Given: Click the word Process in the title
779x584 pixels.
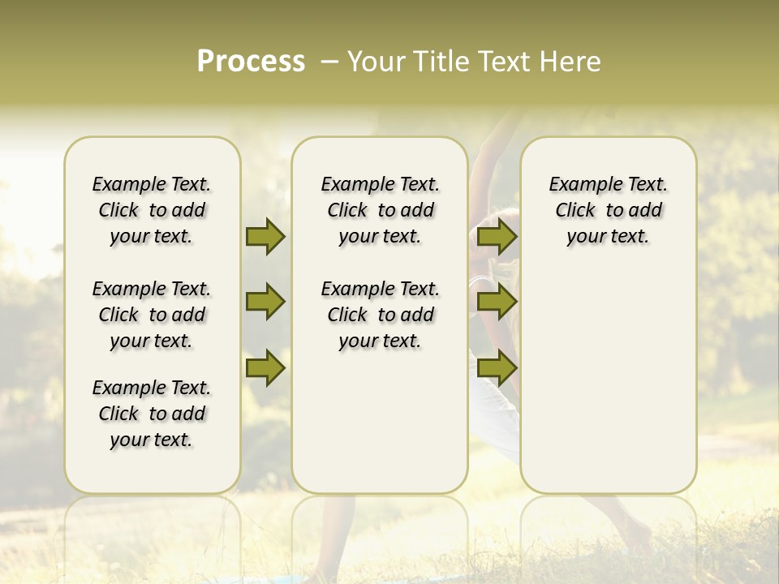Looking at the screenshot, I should tap(251, 62).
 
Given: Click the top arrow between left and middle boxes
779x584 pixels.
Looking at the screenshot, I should tap(265, 237).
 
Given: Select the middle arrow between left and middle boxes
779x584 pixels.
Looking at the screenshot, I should tap(265, 303).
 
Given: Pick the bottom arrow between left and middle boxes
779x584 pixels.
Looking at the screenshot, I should tap(265, 367).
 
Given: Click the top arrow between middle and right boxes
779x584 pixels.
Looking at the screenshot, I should tap(497, 237).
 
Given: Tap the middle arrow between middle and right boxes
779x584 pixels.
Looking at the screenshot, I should tap(497, 303).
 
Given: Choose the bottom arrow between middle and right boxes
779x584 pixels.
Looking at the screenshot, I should tap(497, 367).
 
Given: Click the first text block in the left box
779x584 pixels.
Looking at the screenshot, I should tap(152, 210).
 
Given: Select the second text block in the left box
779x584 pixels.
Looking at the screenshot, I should tap(152, 315).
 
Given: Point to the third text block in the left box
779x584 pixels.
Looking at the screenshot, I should tap(152, 414).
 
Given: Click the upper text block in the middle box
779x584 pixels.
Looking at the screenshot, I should tap(381, 210).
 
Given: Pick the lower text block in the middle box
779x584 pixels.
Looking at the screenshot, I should tap(381, 315).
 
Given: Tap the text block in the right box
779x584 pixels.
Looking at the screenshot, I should tap(609, 210).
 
